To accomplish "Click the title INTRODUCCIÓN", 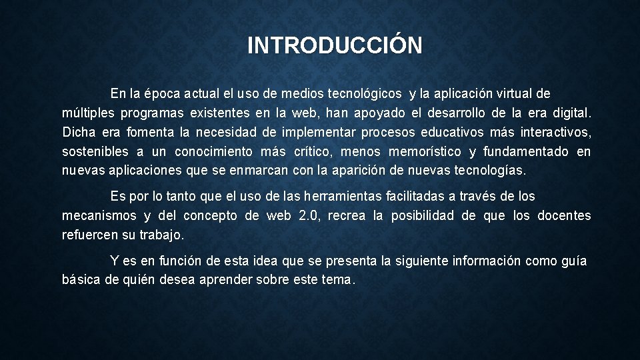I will point(335,46).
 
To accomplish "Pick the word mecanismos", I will point(97,216).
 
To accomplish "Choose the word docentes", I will point(563,216).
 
